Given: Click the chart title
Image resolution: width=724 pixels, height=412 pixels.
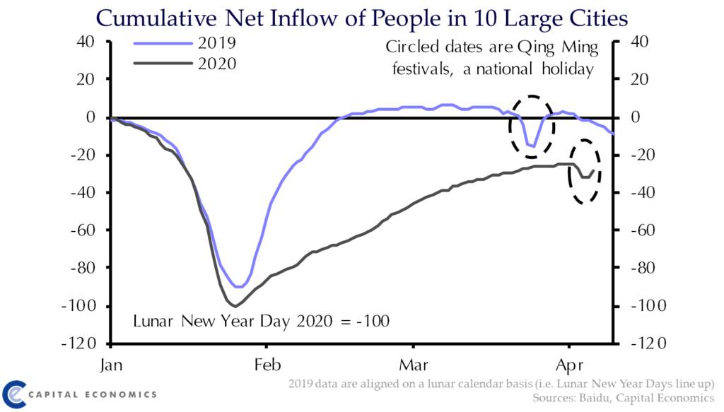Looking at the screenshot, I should [x=362, y=17].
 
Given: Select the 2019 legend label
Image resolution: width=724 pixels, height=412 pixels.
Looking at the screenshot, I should [x=216, y=42].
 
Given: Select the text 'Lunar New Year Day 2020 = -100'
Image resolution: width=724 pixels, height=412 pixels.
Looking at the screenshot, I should [x=262, y=322].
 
